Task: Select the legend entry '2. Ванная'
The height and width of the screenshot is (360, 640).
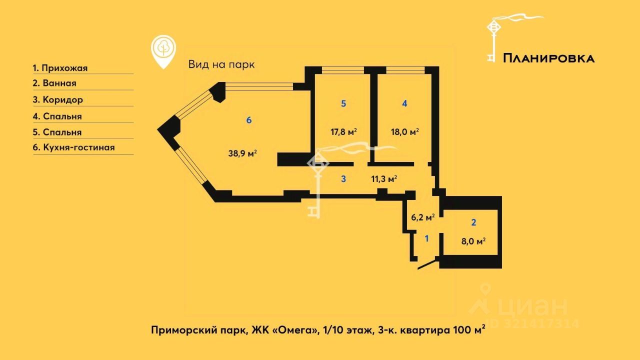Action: pyautogui.click(x=54, y=83)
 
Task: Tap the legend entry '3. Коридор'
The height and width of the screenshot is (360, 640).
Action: pyautogui.click(x=58, y=99)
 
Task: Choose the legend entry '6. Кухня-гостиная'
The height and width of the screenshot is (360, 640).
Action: pyautogui.click(x=74, y=147)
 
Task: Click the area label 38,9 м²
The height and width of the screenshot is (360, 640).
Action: pyautogui.click(x=242, y=153)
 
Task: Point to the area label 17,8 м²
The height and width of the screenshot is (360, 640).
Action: pyautogui.click(x=343, y=132)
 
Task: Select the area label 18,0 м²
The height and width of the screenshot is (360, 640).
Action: pyautogui.click(x=404, y=132)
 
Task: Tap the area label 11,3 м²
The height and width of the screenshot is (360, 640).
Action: pyautogui.click(x=384, y=178)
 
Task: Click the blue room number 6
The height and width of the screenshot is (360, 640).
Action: pyautogui.click(x=249, y=120)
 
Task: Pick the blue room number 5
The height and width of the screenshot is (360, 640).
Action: pyautogui.click(x=343, y=103)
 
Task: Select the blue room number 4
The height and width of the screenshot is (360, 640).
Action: pyautogui.click(x=404, y=103)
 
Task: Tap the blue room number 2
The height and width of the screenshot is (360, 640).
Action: pyautogui.click(x=473, y=222)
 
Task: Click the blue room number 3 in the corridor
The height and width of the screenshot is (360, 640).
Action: pyautogui.click(x=343, y=178)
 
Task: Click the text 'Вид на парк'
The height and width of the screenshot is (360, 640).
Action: pyautogui.click(x=221, y=64)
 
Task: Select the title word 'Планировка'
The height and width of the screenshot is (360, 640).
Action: pyautogui.click(x=548, y=58)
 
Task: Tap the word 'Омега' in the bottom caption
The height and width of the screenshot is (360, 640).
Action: pyautogui.click(x=300, y=330)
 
